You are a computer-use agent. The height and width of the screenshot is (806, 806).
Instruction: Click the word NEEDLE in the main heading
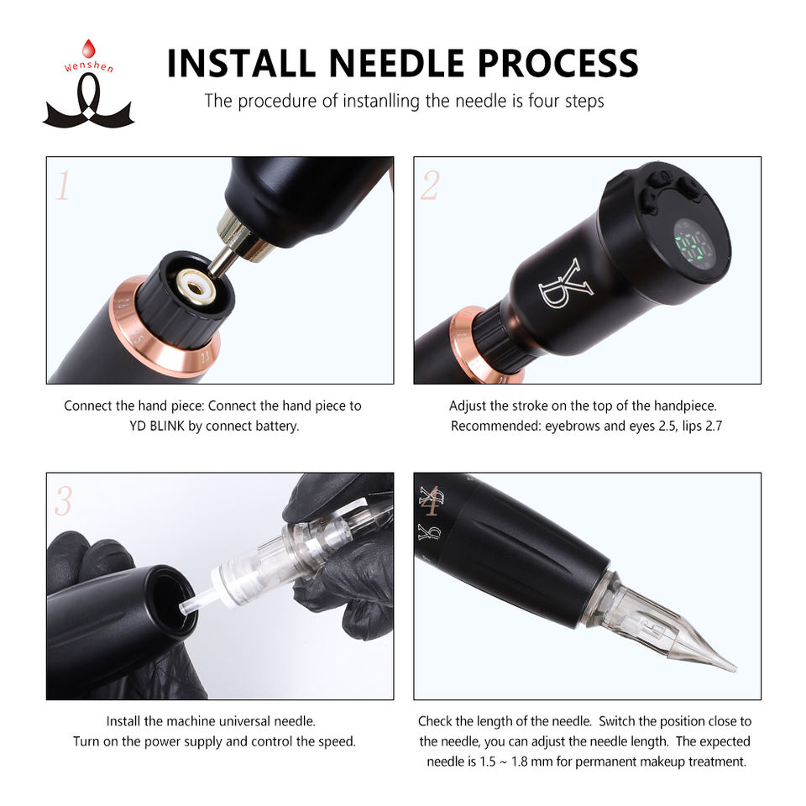[x=396, y=64]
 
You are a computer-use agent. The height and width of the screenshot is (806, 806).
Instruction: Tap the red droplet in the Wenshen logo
[x=89, y=49]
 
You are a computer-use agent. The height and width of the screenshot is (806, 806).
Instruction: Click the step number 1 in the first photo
[x=63, y=186]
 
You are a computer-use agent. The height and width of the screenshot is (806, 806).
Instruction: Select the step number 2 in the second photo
[x=430, y=186]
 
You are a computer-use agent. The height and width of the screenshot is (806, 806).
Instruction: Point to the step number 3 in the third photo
[x=63, y=500]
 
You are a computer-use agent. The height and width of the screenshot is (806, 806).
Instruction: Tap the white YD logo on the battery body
[x=565, y=284]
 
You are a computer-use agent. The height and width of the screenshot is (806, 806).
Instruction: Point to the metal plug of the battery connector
[x=222, y=262]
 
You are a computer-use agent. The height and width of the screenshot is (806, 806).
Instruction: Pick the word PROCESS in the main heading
[x=558, y=64]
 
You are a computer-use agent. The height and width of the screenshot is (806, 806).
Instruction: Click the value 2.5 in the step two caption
[x=669, y=427]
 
